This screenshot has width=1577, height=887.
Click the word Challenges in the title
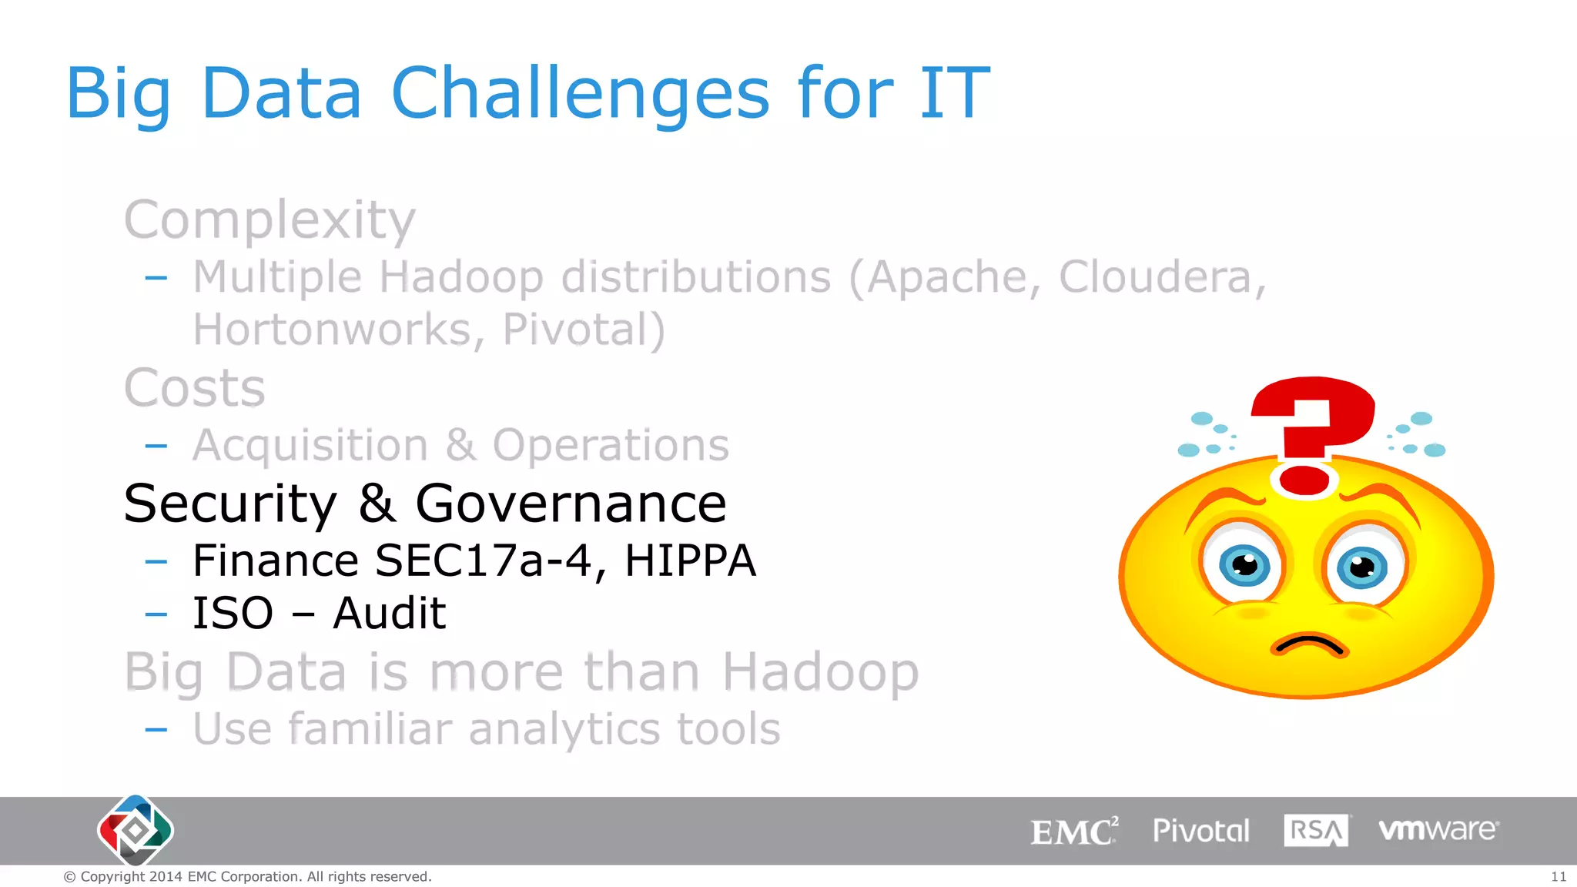click(580, 94)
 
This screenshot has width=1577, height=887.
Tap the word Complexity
click(270, 221)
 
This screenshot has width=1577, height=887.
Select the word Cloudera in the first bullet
click(1161, 277)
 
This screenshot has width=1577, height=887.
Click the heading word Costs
click(195, 388)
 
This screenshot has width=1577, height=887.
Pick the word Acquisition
click(310, 446)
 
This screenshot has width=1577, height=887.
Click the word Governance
click(571, 504)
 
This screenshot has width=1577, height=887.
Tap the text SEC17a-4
click(483, 561)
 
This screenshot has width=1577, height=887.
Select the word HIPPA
click(690, 561)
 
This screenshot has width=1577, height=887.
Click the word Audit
click(389, 614)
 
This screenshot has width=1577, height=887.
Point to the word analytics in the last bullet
click(564, 729)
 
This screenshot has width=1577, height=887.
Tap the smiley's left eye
click(1244, 567)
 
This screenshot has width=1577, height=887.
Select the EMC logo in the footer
click(1073, 832)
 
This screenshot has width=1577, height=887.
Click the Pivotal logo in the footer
click(1200, 831)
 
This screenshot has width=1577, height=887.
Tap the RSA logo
click(1316, 831)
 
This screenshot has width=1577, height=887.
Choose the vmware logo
click(1438, 830)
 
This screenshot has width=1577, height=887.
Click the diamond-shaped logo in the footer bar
click(136, 830)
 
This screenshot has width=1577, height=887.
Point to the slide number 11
click(1558, 877)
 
